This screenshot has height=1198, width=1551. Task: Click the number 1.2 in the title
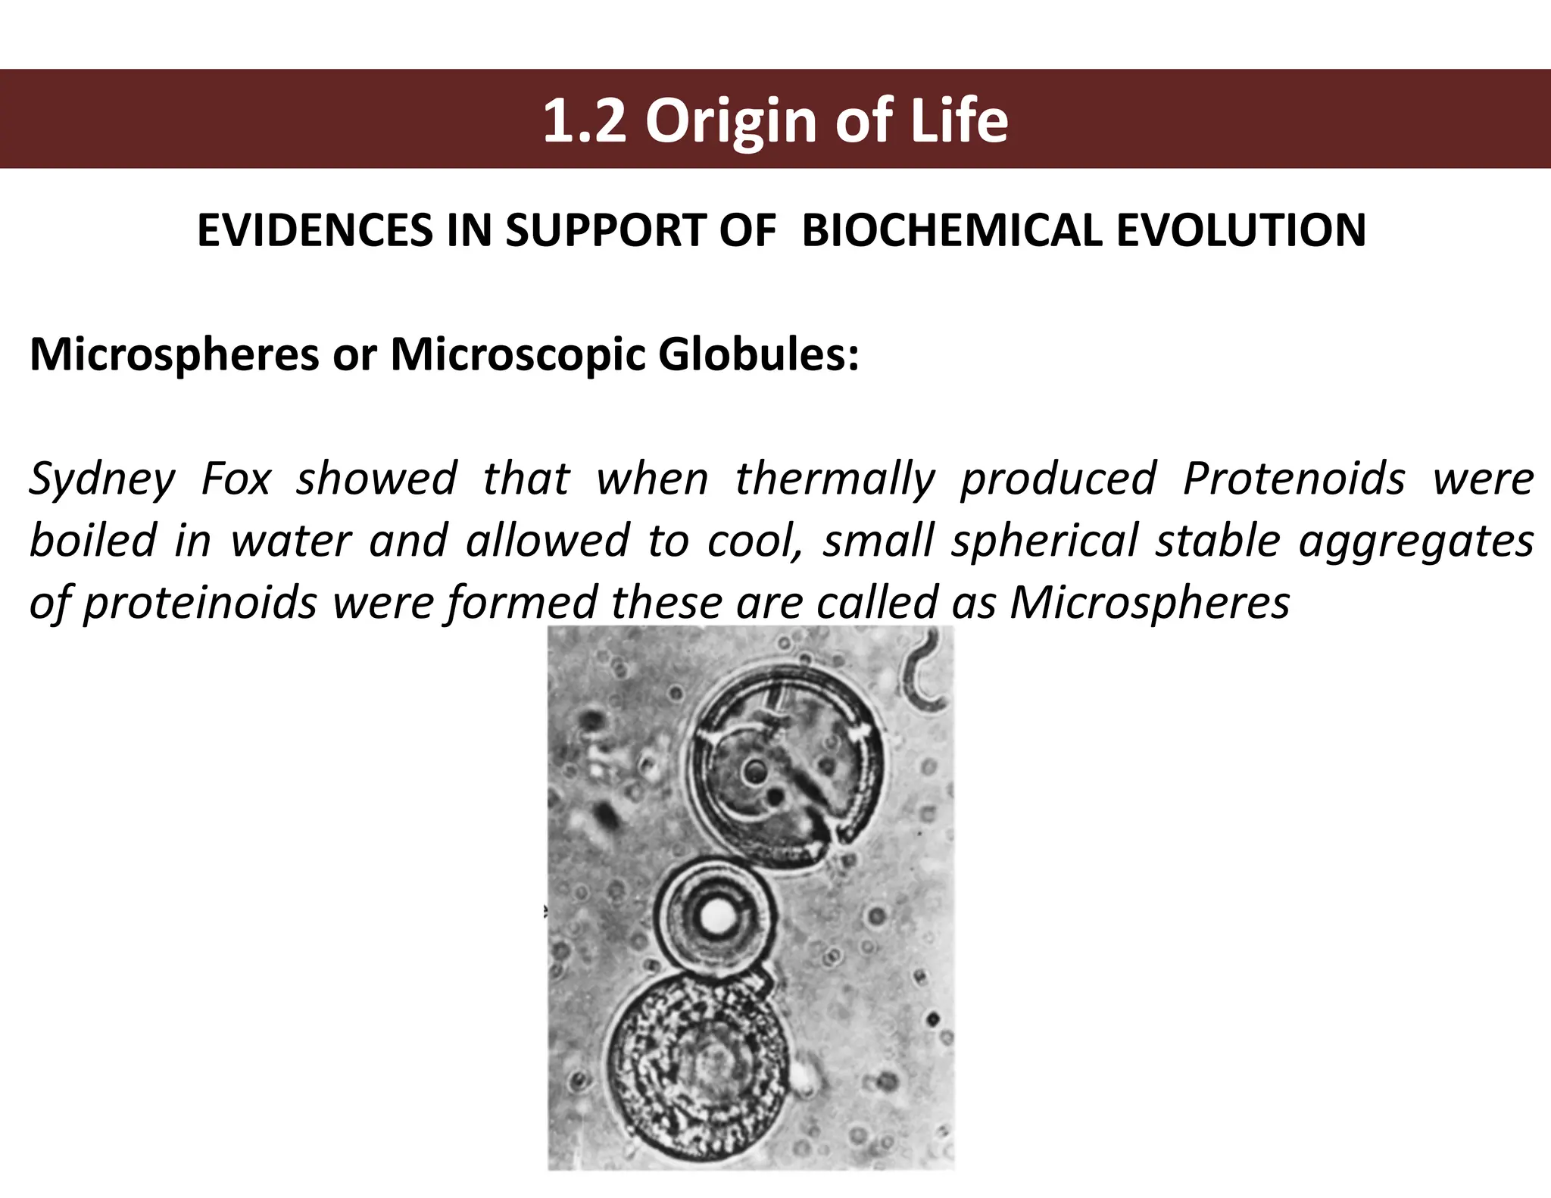click(584, 121)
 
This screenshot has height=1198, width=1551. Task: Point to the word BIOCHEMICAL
click(951, 231)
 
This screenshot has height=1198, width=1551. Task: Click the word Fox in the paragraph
click(236, 479)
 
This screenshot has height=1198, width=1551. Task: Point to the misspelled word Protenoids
click(1294, 479)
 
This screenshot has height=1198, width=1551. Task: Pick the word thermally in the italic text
click(835, 479)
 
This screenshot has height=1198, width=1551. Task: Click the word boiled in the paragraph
click(92, 541)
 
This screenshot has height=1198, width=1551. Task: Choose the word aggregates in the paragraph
click(1415, 541)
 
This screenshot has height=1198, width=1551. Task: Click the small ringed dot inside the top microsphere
click(754, 772)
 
